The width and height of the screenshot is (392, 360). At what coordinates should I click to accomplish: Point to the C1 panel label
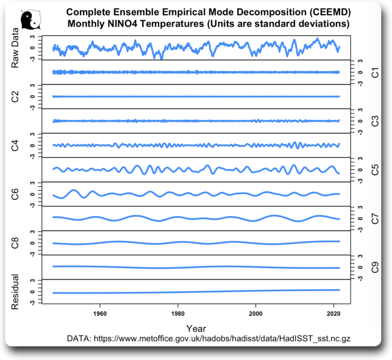click(x=375, y=72)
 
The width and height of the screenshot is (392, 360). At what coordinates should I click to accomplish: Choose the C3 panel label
click(x=375, y=121)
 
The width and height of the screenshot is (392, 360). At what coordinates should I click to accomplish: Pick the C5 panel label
click(x=375, y=169)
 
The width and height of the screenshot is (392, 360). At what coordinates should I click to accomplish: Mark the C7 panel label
click(x=375, y=218)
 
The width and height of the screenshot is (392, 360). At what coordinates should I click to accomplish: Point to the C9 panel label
click(x=375, y=267)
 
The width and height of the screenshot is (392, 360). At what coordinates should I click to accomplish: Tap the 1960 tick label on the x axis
click(x=100, y=314)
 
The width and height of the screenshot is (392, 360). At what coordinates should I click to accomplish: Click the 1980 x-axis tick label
click(x=177, y=314)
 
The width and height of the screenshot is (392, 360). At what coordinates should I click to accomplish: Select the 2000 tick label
click(x=255, y=314)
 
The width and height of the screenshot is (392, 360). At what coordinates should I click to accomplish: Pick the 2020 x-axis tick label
click(x=333, y=314)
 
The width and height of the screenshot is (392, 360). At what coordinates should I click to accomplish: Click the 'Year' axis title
click(x=196, y=328)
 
